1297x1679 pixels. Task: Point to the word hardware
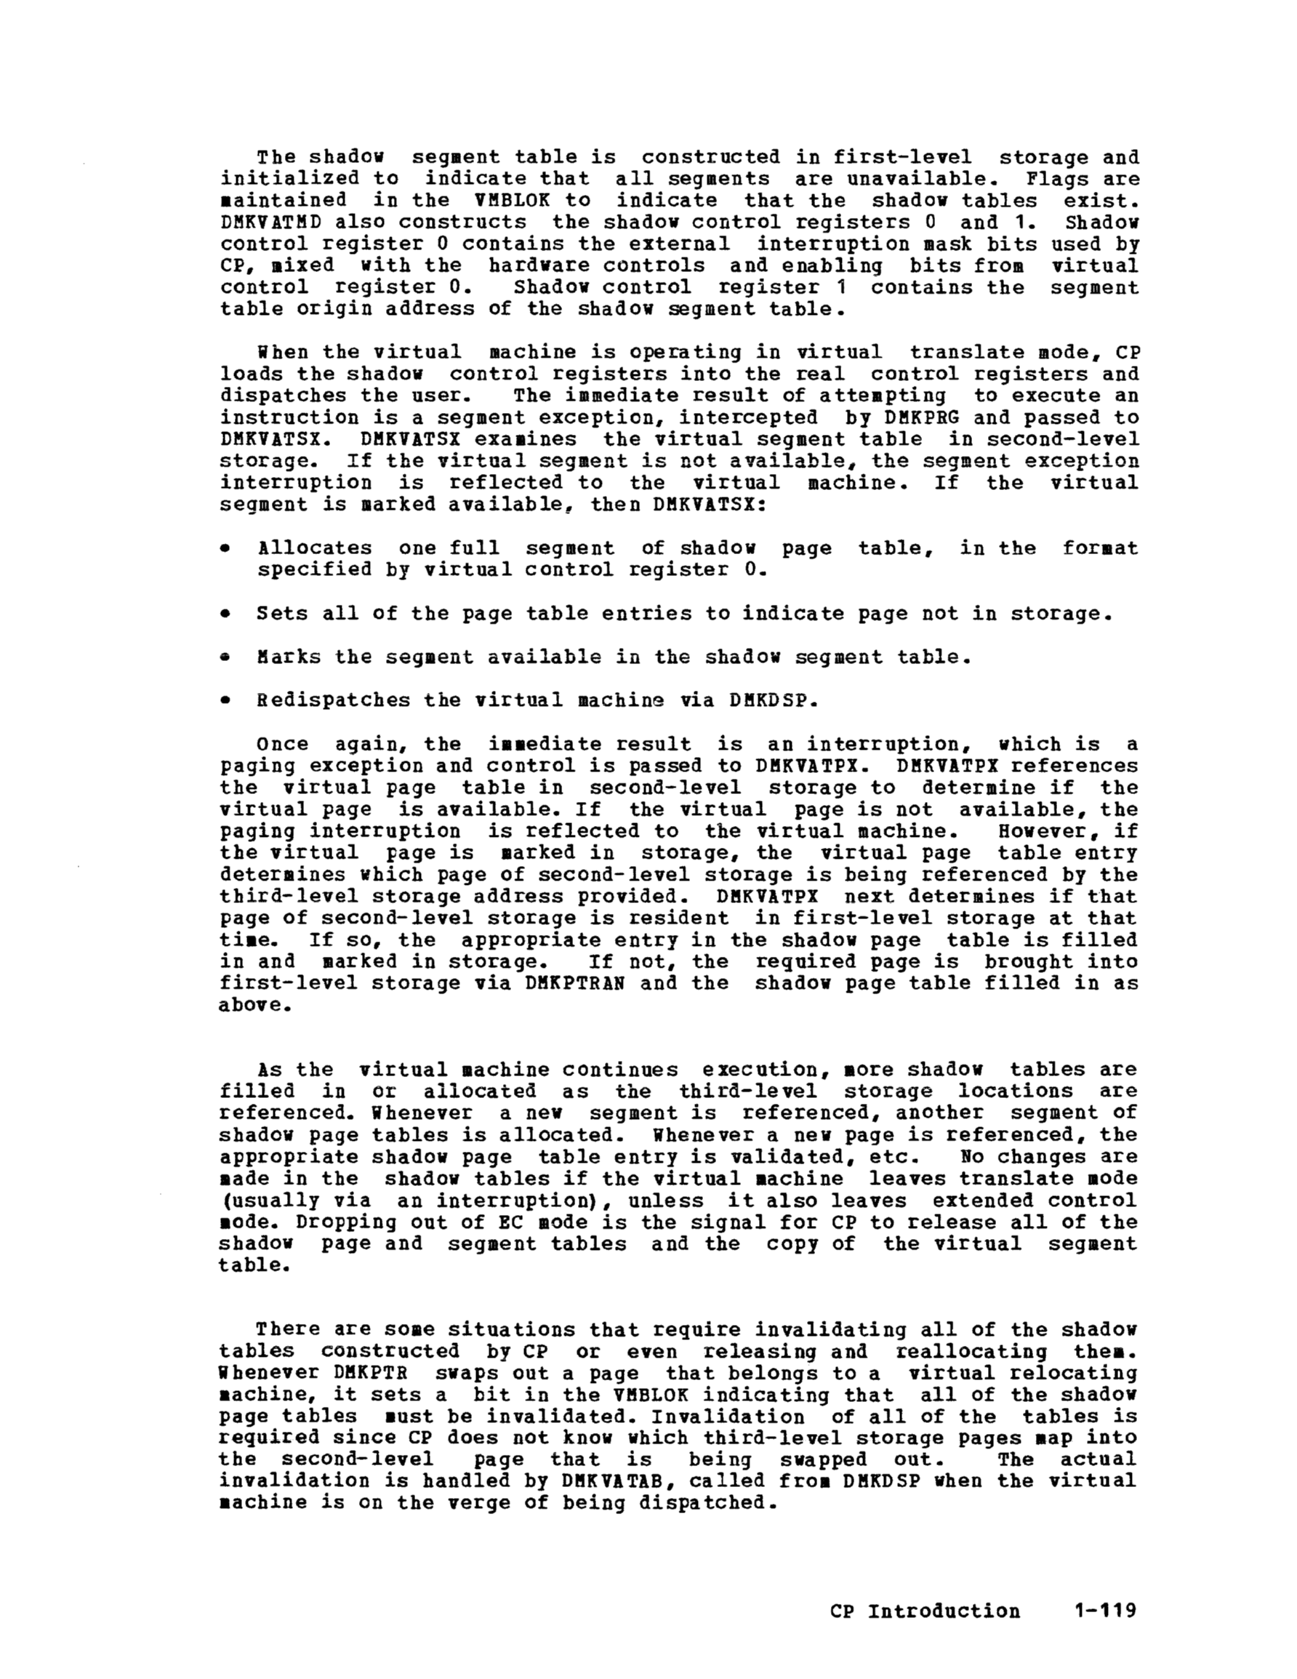coord(532,265)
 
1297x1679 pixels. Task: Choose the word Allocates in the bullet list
coord(315,548)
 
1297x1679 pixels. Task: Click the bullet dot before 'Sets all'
coord(225,614)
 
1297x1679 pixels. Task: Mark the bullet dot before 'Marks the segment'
coord(225,657)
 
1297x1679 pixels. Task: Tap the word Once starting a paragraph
coord(282,744)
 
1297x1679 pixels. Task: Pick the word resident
coord(691,918)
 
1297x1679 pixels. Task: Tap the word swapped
coord(823,1459)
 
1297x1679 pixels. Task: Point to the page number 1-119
coord(1104,1611)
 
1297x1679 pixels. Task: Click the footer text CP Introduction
coord(925,1611)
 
